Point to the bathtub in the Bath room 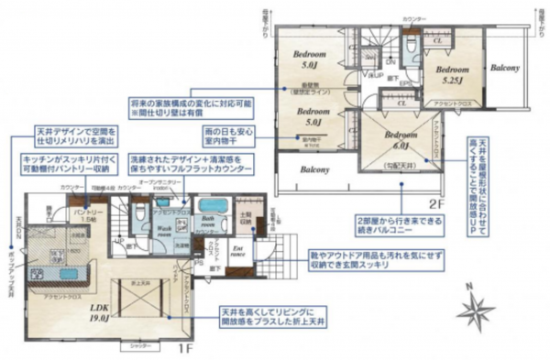pos(213,204)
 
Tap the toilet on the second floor pos(410,46)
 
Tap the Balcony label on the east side pos(504,69)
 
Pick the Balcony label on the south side pos(313,170)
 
